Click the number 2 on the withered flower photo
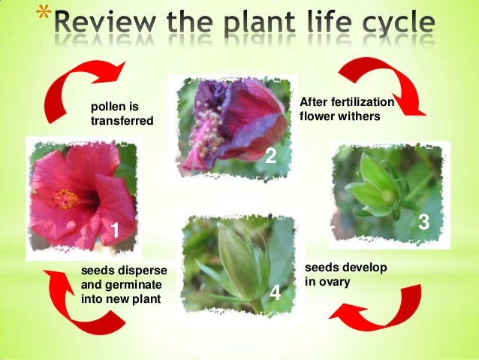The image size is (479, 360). coord(271,156)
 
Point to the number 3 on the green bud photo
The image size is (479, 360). coord(423,222)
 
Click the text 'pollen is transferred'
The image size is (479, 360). coord(122,113)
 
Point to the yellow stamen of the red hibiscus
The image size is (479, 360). coord(65,198)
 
